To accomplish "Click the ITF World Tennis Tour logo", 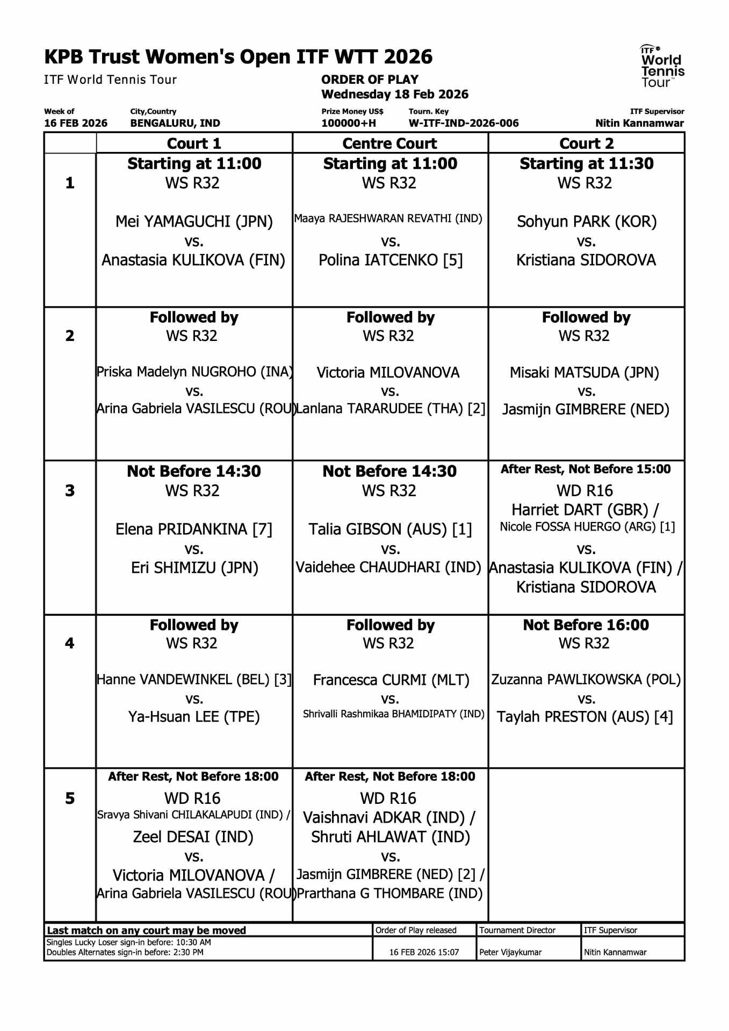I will (662, 66).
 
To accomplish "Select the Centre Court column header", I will (389, 143).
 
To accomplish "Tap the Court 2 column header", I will (586, 143).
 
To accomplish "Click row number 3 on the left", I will (70, 490).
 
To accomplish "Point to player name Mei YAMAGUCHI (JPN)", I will (194, 221).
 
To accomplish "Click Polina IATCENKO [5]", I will (390, 260).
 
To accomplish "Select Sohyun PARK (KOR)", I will (586, 221).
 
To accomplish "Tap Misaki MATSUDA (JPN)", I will (584, 372).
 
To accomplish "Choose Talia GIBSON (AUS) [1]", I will (390, 529).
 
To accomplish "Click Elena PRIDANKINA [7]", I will (194, 529).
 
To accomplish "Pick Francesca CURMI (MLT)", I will (391, 680).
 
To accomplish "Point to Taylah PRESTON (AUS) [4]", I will (584, 717).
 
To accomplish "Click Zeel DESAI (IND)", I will (193, 837).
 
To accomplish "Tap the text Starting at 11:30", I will (586, 163).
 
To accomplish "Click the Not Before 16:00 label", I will (586, 625).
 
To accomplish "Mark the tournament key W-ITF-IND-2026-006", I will (464, 123).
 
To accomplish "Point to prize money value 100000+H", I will (349, 123).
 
